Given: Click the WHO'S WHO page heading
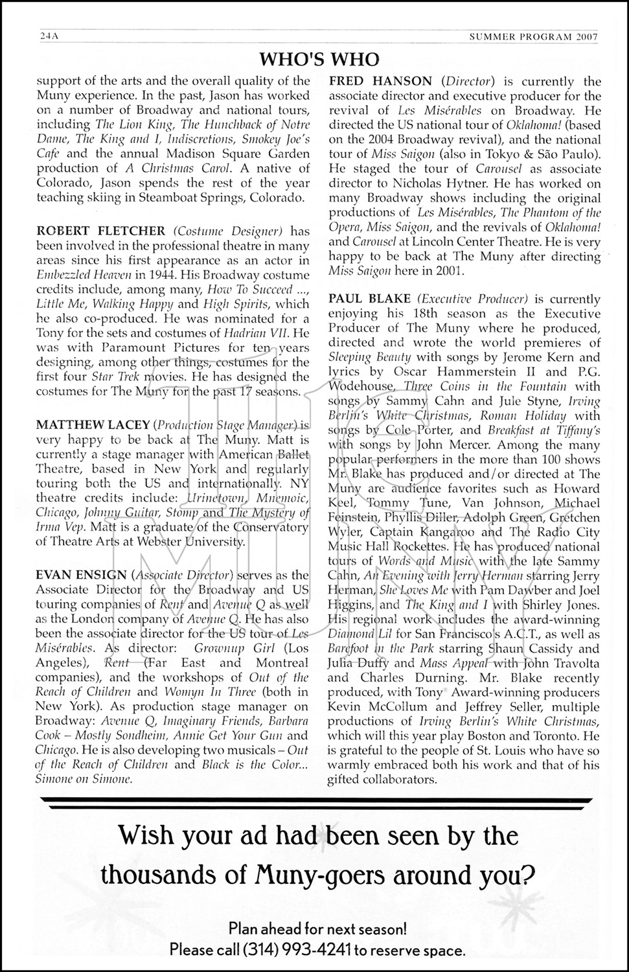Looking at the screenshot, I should tap(319, 60).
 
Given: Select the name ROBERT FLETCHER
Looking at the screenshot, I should tap(100, 231).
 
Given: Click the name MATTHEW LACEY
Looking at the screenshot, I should tap(91, 425).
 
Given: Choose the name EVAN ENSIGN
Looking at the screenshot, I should tap(81, 575).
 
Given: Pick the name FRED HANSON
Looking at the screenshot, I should tap(380, 82).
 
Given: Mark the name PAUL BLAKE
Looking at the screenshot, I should tap(369, 299).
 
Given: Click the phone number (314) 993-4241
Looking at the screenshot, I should tap(297, 951).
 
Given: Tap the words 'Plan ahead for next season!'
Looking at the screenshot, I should tap(318, 929).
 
